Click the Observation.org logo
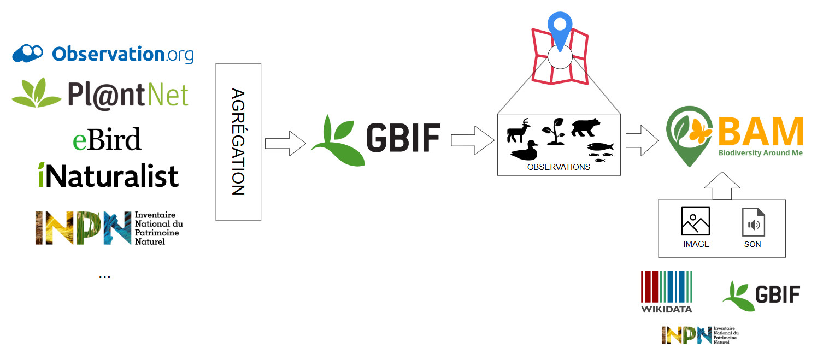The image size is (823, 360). (x=103, y=54)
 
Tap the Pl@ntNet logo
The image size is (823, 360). (x=100, y=94)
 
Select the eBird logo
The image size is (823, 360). (x=107, y=139)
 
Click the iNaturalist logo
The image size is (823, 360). (x=108, y=175)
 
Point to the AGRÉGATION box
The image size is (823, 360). (x=238, y=142)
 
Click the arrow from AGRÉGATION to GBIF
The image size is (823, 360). (x=285, y=143)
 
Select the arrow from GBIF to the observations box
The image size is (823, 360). (x=473, y=140)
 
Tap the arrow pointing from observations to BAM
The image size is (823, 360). (x=642, y=141)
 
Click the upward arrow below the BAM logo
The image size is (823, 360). (x=722, y=186)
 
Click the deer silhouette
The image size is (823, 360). (x=519, y=131)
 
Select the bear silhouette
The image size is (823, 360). (x=586, y=127)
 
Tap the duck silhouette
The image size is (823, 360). (x=525, y=151)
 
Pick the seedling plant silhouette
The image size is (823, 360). (x=554, y=131)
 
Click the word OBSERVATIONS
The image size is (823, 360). (x=559, y=167)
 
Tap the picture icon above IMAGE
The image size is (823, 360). (x=696, y=221)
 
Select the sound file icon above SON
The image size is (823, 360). (x=754, y=222)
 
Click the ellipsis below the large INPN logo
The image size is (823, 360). (x=105, y=276)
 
